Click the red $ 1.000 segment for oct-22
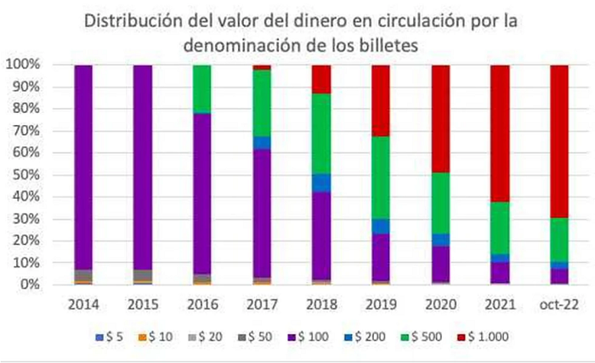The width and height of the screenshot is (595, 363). coord(559,141)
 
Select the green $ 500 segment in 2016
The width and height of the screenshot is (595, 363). coord(202,89)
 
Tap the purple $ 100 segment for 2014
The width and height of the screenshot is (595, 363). coord(83,167)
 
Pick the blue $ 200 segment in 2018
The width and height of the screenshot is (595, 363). coord(321,183)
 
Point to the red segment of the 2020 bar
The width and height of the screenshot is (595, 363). coord(440,119)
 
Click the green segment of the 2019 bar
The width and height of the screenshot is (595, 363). coord(381,178)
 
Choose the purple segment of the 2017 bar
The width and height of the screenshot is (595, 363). coord(262,213)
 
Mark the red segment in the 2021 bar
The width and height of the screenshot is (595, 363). coord(500,133)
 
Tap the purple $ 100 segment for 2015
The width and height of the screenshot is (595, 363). coord(143,167)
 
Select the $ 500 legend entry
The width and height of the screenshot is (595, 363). coord(422,337)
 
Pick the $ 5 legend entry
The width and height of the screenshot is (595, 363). coord(110,337)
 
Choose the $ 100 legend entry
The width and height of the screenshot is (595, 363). coord(309,337)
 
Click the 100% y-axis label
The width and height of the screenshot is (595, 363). coord(23,65)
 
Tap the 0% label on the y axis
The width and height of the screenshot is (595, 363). coord(30,285)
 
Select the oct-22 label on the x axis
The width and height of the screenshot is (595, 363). coord(559,304)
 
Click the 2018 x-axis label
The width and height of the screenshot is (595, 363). coord(321,304)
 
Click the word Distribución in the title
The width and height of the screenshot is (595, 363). coord(133,21)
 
